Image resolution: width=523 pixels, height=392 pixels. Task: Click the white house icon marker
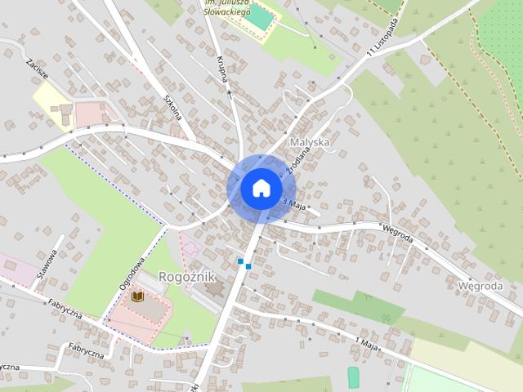(261, 188)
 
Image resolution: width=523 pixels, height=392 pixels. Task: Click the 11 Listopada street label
(384, 38)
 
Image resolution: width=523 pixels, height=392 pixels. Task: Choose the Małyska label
(310, 142)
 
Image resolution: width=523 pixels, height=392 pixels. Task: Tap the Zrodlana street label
(293, 163)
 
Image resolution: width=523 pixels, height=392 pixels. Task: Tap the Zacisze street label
(37, 69)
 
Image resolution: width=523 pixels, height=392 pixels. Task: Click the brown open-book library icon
(137, 296)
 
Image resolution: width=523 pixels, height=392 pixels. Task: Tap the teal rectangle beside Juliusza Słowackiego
(260, 16)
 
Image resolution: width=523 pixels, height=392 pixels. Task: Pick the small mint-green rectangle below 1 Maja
(353, 376)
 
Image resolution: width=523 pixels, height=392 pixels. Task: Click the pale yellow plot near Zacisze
(52, 105)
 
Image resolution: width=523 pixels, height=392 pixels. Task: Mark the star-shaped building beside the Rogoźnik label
(215, 288)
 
